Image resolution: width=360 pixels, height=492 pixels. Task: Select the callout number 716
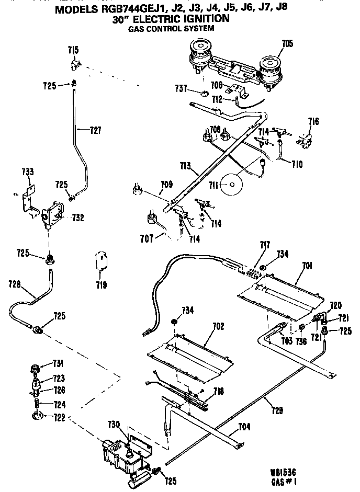pos(313,122)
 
